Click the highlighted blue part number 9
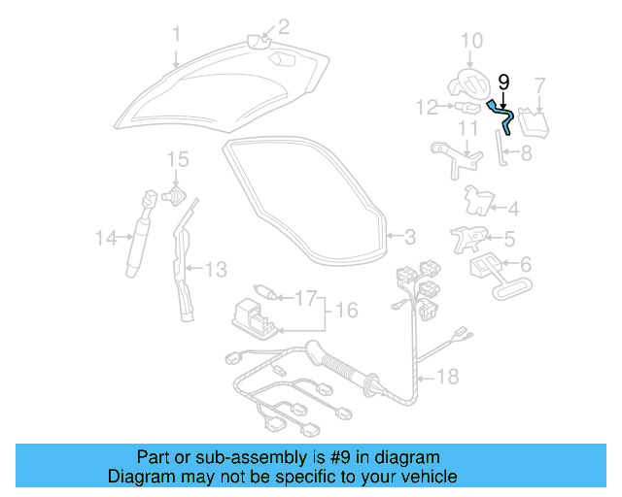coord(502,112)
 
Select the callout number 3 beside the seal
coord(409,236)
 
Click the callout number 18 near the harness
coord(447,376)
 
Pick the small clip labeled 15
coord(176,195)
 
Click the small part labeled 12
coord(466,106)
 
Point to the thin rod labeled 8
coord(501,150)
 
